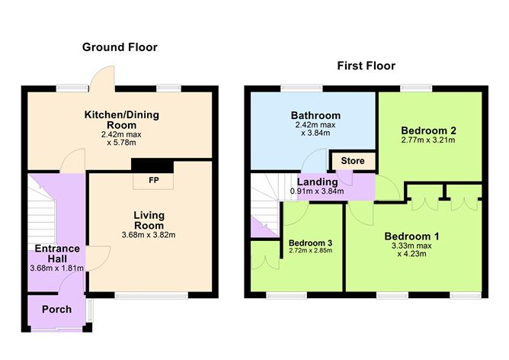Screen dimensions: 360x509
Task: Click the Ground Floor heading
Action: pos(120,47)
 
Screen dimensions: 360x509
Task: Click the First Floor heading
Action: pos(366,66)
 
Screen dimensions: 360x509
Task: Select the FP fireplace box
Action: pos(152,182)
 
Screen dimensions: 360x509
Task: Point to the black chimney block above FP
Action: pos(152,166)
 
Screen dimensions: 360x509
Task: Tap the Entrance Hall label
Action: pos(57,254)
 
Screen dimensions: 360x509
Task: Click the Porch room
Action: pos(56,309)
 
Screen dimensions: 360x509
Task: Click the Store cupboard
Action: pos(352,161)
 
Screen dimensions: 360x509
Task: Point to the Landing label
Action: pos(313,182)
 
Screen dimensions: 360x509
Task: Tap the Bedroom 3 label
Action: pos(310,243)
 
